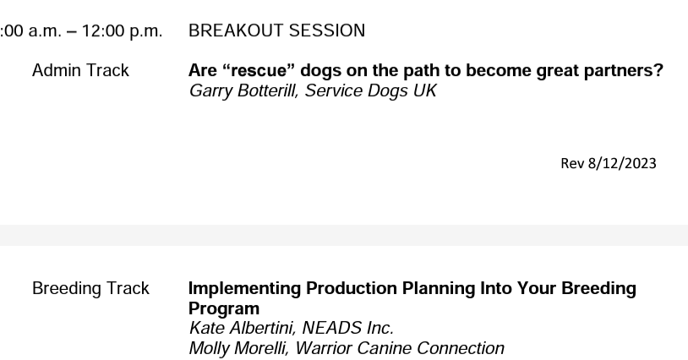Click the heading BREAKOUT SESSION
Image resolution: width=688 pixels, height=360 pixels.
(x=276, y=31)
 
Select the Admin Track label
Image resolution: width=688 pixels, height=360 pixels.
(x=80, y=71)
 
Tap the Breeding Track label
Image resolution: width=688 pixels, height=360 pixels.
(x=90, y=289)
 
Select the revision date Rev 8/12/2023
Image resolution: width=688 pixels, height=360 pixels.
(x=608, y=164)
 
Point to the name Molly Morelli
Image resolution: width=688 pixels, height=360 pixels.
(x=234, y=347)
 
